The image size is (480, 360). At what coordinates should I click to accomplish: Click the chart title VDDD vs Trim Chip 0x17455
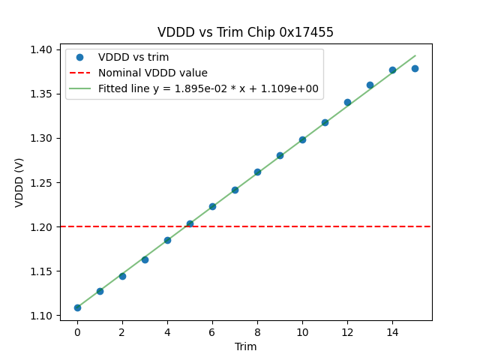tap(245, 32)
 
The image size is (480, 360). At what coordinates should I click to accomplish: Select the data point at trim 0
tap(77, 307)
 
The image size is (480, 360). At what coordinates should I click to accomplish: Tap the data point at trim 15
tap(415, 68)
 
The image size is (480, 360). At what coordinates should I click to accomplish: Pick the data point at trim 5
tap(190, 223)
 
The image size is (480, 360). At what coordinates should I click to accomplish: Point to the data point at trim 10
tap(302, 139)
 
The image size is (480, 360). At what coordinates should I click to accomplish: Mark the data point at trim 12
tap(347, 102)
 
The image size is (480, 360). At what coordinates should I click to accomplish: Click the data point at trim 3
tap(145, 259)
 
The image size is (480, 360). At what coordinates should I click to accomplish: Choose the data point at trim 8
tap(257, 172)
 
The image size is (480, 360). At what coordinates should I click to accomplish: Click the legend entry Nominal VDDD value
tap(153, 73)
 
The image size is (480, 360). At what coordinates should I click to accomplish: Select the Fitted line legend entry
tap(208, 88)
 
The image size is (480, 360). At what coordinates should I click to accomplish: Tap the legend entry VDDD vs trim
tap(133, 57)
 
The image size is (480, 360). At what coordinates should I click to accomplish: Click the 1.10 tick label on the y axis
tap(41, 316)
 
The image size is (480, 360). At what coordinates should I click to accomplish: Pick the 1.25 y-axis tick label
tap(41, 182)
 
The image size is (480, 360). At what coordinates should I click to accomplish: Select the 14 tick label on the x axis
tap(392, 331)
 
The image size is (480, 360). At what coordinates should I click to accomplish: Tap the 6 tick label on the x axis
tap(212, 331)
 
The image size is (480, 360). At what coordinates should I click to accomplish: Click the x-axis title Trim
tap(245, 346)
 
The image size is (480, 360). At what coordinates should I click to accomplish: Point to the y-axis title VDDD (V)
tap(19, 182)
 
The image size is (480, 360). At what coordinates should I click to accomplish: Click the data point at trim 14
tap(392, 70)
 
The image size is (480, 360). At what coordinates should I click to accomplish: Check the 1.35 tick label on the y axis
tap(41, 94)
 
